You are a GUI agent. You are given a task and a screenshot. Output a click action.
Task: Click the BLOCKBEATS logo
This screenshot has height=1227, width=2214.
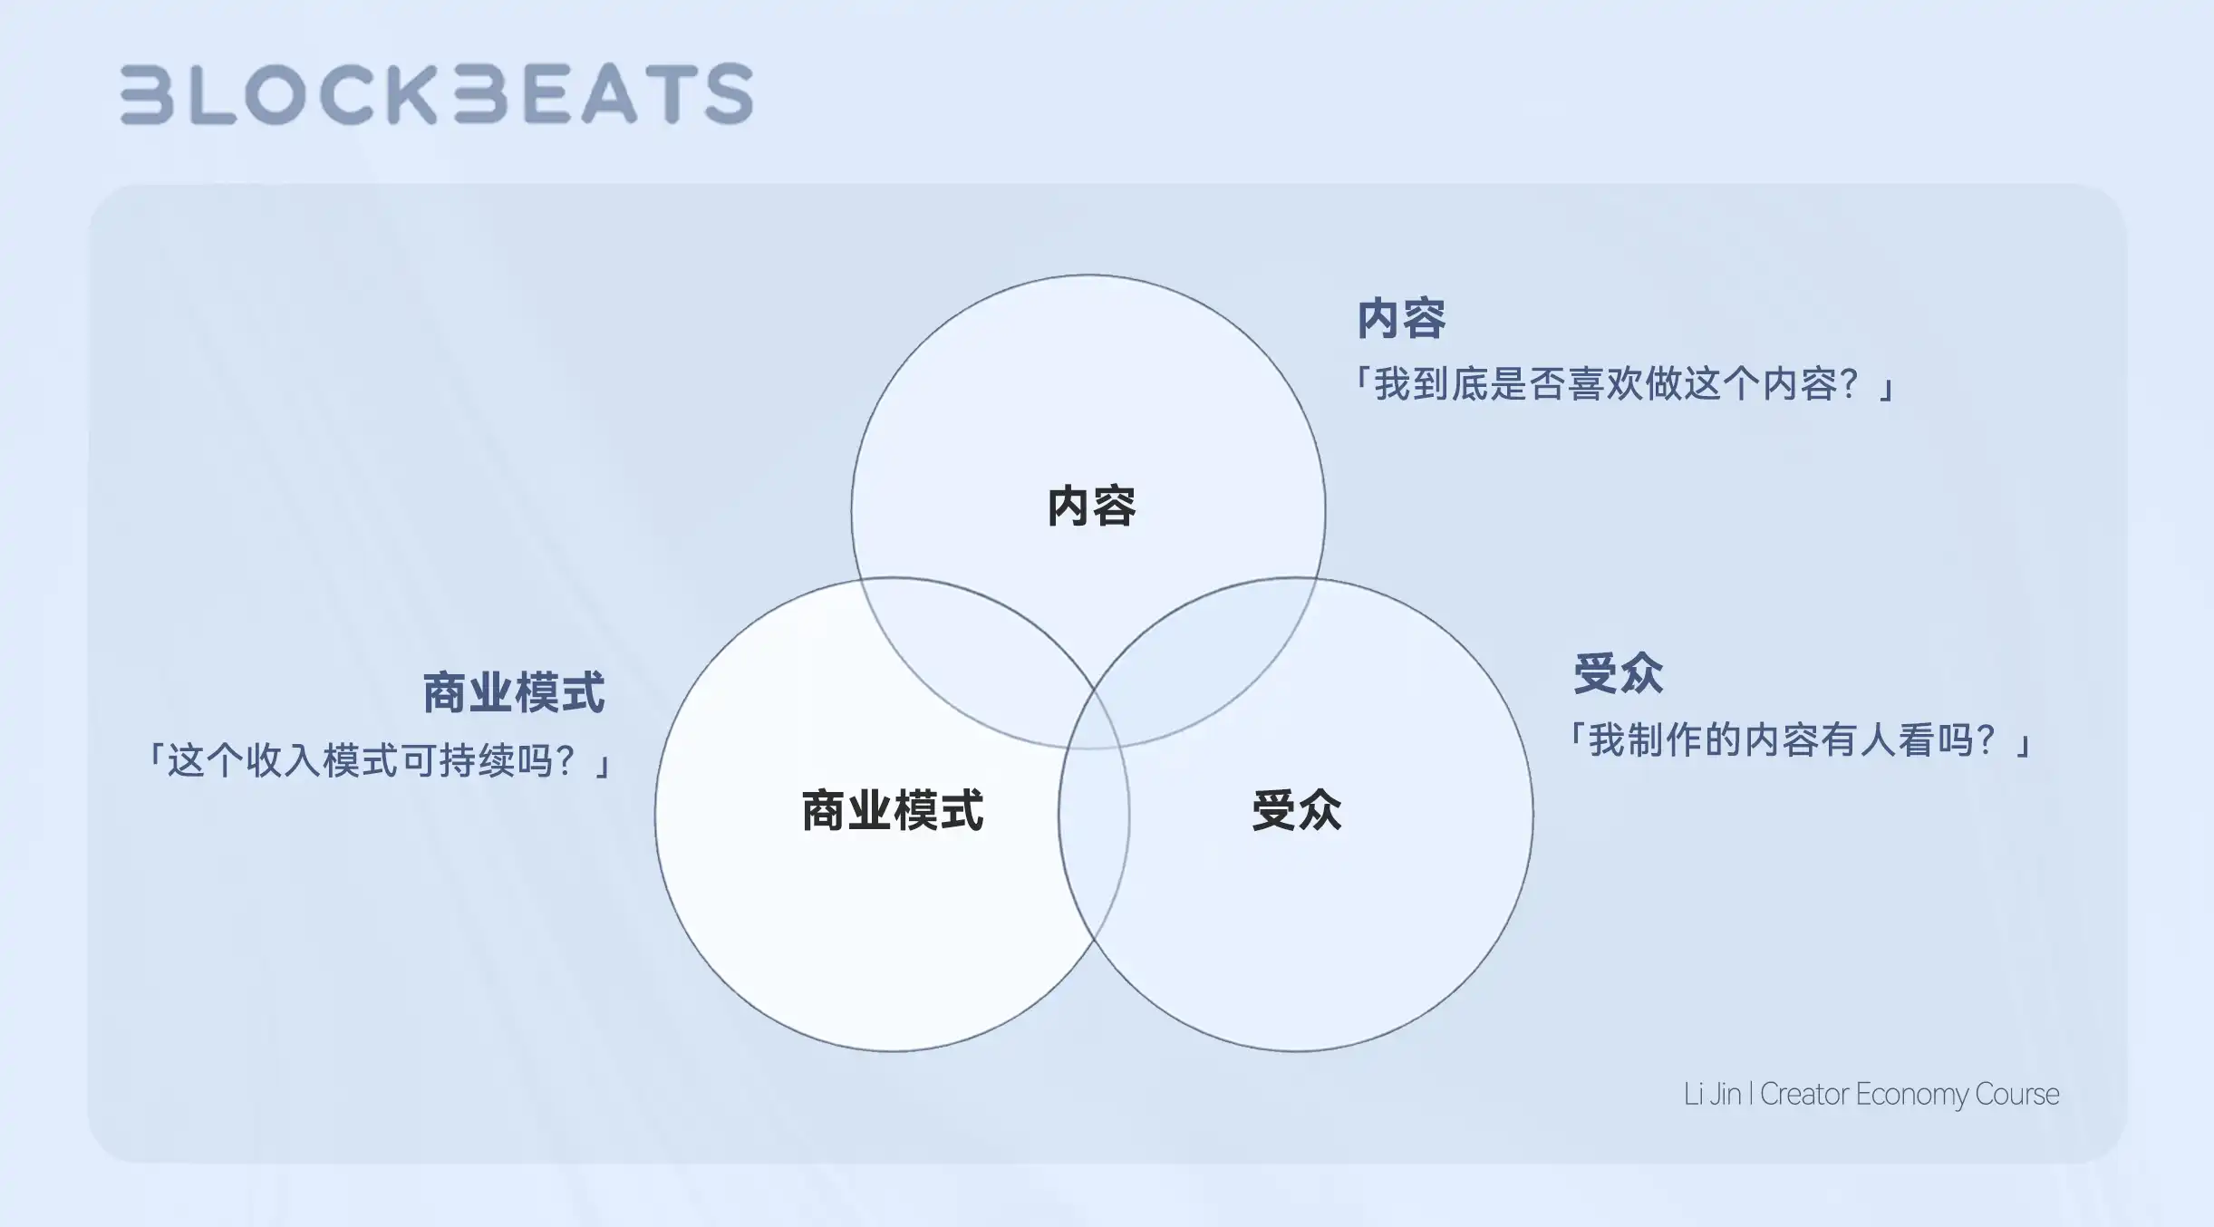tap(437, 93)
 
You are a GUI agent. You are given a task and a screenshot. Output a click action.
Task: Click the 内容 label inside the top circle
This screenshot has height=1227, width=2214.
tap(1091, 506)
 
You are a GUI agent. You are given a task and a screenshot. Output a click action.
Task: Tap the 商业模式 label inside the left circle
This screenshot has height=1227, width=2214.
tap(893, 810)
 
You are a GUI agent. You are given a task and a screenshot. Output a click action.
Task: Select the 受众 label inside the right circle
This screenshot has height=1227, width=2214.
tap(1297, 810)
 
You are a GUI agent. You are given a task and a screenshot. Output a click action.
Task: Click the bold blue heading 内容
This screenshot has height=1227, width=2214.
tap(1401, 319)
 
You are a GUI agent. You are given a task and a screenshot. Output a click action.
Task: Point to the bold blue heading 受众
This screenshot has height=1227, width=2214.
tap(1619, 674)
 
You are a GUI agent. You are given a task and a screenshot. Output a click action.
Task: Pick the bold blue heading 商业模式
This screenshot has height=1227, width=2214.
tap(514, 693)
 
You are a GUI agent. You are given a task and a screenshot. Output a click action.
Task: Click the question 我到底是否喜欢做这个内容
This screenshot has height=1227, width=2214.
tap(1622, 384)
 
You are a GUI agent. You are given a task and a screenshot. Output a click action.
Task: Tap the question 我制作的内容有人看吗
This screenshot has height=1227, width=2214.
tap(1800, 741)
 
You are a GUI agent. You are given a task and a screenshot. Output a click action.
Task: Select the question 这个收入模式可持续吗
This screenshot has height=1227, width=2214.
tap(381, 761)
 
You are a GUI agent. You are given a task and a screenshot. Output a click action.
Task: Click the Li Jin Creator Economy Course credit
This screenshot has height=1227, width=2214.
tap(1871, 1095)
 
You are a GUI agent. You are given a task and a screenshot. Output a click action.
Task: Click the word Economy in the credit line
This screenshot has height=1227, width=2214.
tap(1911, 1095)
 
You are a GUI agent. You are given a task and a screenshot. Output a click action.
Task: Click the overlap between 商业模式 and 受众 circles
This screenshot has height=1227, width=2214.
tap(1094, 816)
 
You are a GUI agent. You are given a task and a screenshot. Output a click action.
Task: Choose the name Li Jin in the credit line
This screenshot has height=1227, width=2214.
tap(1712, 1095)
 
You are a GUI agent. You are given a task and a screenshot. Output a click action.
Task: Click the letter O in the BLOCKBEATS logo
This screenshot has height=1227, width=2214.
tap(276, 93)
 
